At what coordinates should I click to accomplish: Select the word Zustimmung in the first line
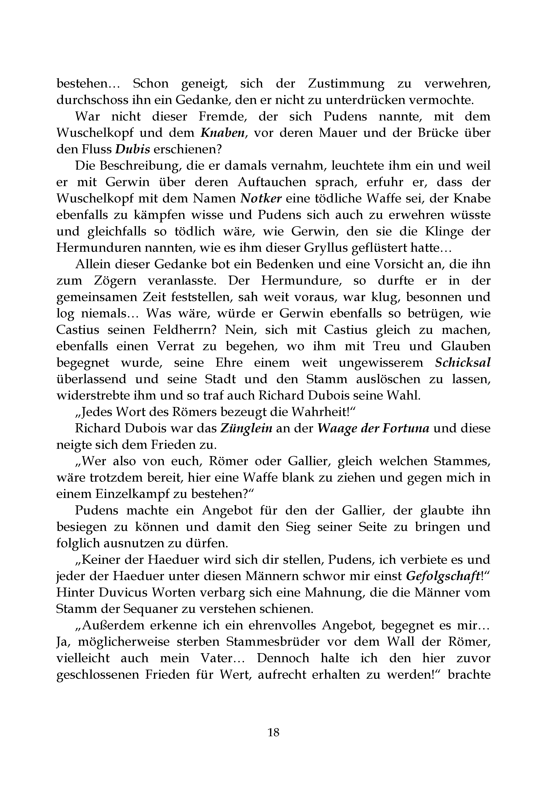pyautogui.click(x=346, y=84)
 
